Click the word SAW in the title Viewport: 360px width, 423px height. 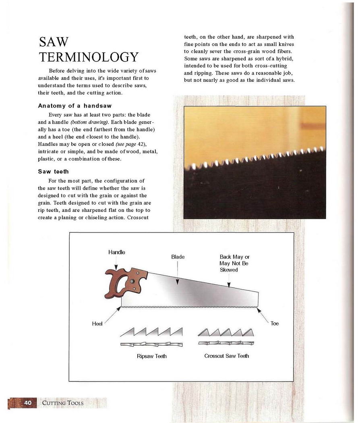(x=54, y=42)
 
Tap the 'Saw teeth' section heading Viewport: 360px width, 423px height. (x=54, y=172)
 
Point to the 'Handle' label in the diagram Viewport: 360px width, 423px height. (x=116, y=252)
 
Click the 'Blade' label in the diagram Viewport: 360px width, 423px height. (x=178, y=257)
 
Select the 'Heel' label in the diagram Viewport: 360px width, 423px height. (x=97, y=323)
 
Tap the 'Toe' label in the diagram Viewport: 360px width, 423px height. (x=275, y=323)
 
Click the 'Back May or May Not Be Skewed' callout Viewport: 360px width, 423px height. (x=234, y=263)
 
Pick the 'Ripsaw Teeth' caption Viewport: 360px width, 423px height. (x=151, y=356)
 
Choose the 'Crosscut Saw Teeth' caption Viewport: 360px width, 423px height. (x=226, y=356)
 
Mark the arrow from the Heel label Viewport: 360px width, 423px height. (x=113, y=314)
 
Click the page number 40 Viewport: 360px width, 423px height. (x=28, y=402)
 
